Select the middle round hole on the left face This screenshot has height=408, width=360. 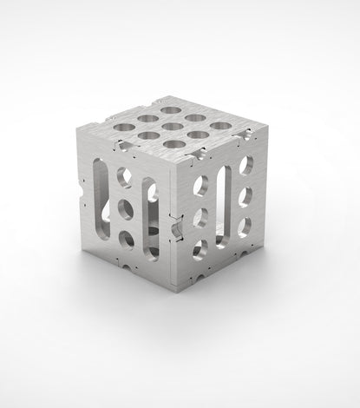tap(124, 209)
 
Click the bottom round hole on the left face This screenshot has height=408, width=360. tap(126, 239)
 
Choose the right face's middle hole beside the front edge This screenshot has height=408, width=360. tap(201, 217)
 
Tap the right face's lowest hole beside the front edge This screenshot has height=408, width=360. tap(200, 250)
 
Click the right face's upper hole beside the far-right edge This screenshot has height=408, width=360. tap(247, 164)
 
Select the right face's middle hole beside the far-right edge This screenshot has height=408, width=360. tap(246, 195)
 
